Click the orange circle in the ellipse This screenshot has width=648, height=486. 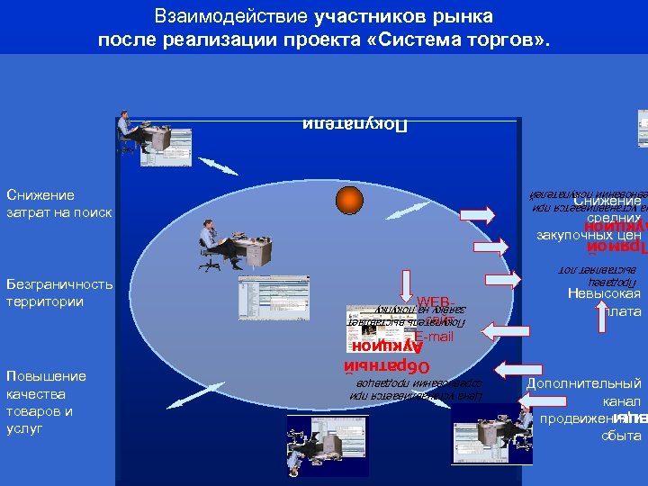pyautogui.click(x=349, y=199)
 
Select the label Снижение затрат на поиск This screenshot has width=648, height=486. pyautogui.click(x=58, y=203)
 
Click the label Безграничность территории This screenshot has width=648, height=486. pyautogui.click(x=58, y=292)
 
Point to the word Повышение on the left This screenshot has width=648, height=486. pyautogui.click(x=46, y=376)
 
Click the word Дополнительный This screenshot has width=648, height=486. pyautogui.click(x=584, y=383)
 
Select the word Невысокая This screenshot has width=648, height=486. pyautogui.click(x=604, y=293)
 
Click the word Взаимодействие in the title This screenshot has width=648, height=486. pyautogui.click(x=232, y=16)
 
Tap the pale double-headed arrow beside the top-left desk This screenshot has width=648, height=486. pyautogui.click(x=218, y=166)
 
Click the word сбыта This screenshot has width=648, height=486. pyautogui.click(x=622, y=436)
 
